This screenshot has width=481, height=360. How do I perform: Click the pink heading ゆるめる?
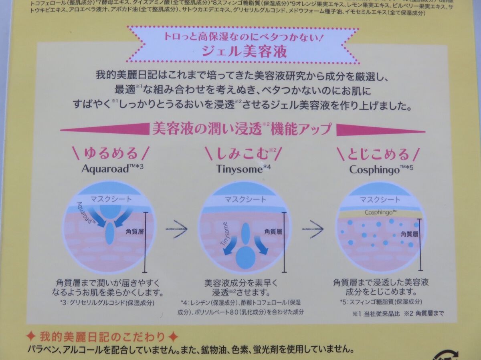(x=111, y=154)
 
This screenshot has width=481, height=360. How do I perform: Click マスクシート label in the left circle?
(x=109, y=199)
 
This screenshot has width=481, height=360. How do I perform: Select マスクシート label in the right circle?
(x=379, y=199)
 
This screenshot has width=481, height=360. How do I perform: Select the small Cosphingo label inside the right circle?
(x=379, y=212)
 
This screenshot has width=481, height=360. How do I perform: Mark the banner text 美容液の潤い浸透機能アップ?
(x=242, y=129)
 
